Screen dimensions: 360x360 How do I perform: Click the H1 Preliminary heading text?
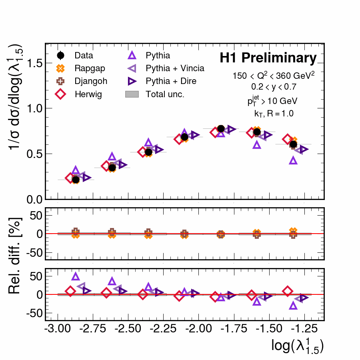[x=268, y=58]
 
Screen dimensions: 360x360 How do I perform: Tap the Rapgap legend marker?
[x=61, y=68]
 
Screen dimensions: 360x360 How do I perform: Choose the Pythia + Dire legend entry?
[x=171, y=81]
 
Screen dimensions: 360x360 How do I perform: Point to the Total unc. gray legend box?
[x=132, y=94]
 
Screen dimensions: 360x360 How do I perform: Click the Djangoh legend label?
[x=90, y=81]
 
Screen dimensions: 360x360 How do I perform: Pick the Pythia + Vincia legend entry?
[x=175, y=68]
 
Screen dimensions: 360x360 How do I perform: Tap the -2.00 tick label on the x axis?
[x=199, y=330]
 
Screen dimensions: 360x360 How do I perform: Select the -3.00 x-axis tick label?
[x=58, y=330]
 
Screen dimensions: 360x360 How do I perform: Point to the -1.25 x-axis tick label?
[x=305, y=330]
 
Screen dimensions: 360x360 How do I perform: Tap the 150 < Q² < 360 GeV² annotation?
[x=274, y=75]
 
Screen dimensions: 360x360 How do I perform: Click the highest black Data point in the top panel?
[x=221, y=128]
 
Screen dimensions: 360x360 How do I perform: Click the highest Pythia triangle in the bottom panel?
[x=76, y=276]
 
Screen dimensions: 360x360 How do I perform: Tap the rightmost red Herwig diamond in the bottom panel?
[x=287, y=291]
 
